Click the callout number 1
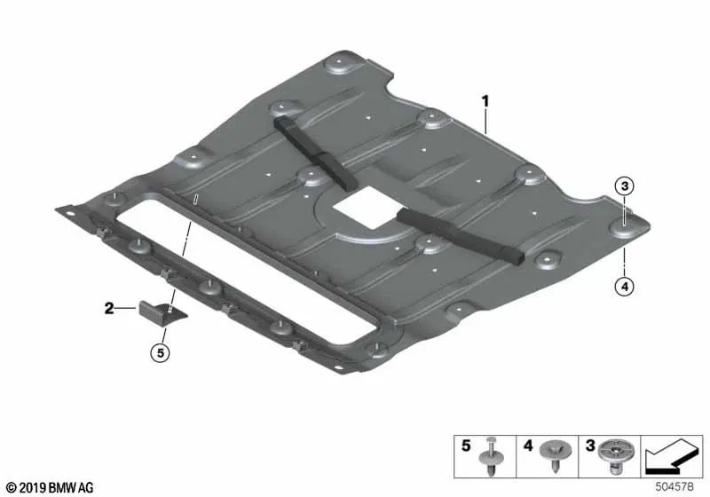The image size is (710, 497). tap(485, 101)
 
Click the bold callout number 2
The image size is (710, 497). tap(109, 309)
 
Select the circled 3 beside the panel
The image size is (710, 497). tap(625, 186)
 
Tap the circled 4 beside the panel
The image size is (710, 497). tap(625, 286)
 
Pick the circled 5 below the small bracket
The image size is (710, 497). tap(159, 354)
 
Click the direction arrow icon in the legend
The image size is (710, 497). tap(674, 456)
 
